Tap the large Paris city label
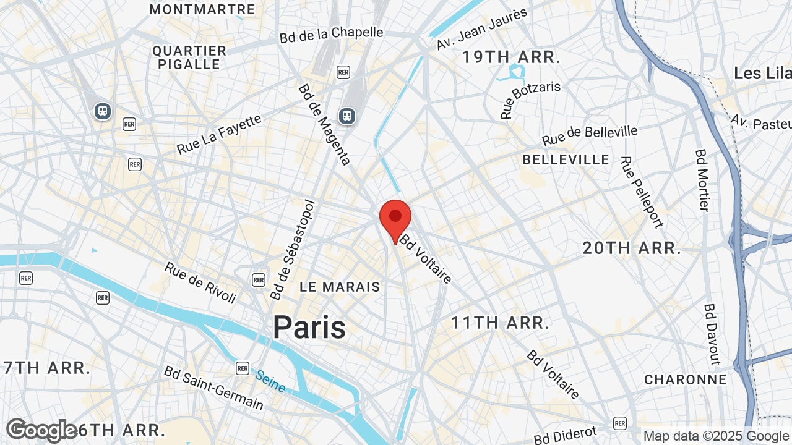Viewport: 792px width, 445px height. click(309, 327)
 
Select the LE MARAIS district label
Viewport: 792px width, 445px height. click(340, 287)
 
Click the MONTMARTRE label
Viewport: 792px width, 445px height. click(202, 9)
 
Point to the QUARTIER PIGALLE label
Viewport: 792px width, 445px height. click(189, 57)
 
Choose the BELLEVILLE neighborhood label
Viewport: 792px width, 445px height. click(566, 159)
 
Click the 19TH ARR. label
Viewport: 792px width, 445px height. click(512, 57)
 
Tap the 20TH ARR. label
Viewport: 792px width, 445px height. click(632, 248)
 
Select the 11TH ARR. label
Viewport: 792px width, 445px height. click(500, 323)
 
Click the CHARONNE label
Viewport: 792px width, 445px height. click(686, 379)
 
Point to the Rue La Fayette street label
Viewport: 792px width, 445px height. click(220, 135)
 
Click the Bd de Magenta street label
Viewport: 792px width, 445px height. click(325, 124)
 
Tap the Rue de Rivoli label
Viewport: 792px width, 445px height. click(200, 282)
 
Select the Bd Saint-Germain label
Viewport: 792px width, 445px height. click(213, 388)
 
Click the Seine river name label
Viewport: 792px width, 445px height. click(270, 381)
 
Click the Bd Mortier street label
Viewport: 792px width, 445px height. click(702, 179)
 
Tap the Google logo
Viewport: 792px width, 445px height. click(42, 430)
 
